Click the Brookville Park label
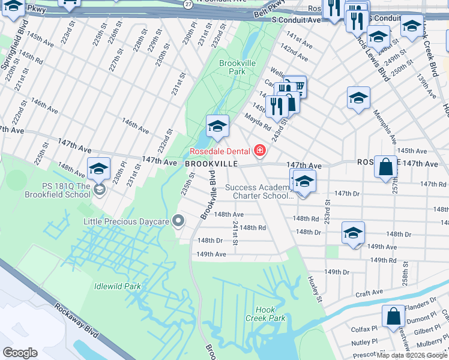click(x=233, y=67)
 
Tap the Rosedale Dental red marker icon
click(x=260, y=151)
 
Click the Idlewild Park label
click(x=117, y=286)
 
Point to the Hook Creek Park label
click(x=269, y=314)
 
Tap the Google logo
click(x=20, y=353)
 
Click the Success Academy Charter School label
click(x=258, y=191)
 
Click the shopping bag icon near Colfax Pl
click(x=393, y=316)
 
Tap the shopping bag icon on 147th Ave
click(x=385, y=166)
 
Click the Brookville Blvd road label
click(x=208, y=196)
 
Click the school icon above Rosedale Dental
click(x=217, y=125)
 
